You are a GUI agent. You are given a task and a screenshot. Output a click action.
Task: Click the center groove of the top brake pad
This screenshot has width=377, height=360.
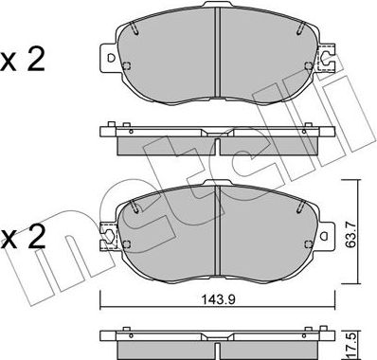(x=217, y=57)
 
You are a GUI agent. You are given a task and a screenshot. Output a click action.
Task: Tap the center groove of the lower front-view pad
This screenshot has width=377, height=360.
(x=217, y=223)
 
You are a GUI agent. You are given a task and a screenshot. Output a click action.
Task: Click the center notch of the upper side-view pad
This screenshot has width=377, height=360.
(x=217, y=147)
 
